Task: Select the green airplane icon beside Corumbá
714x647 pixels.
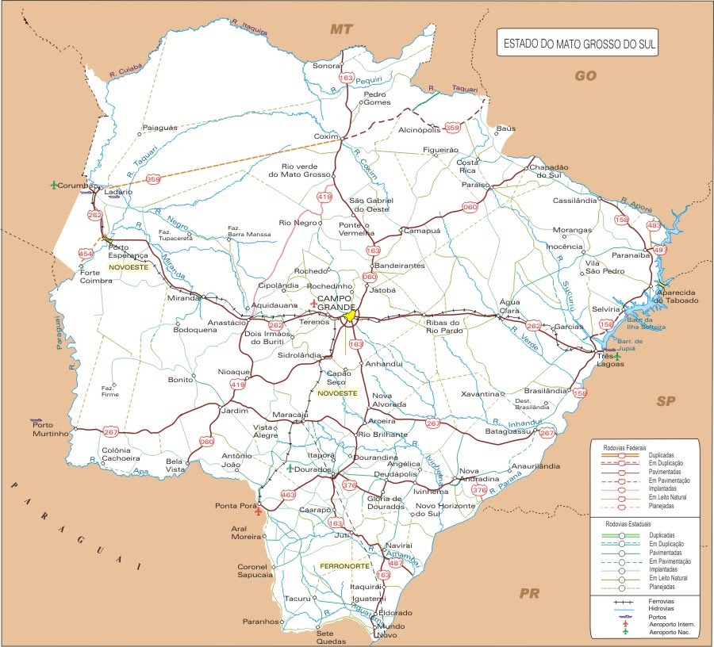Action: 54,186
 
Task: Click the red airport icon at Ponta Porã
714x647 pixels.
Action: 258,511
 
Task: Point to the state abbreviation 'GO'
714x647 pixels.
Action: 585,75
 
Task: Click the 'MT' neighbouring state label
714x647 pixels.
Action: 341,29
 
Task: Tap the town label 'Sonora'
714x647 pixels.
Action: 325,66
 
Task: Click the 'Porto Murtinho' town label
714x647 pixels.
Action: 52,428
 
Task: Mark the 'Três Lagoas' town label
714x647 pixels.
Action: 610,360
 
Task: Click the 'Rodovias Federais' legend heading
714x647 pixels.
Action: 624,446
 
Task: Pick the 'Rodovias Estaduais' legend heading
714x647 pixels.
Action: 624,525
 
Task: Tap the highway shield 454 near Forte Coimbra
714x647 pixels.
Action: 86,254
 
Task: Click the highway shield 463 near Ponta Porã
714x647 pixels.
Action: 288,495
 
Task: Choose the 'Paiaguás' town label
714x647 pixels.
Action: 160,127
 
